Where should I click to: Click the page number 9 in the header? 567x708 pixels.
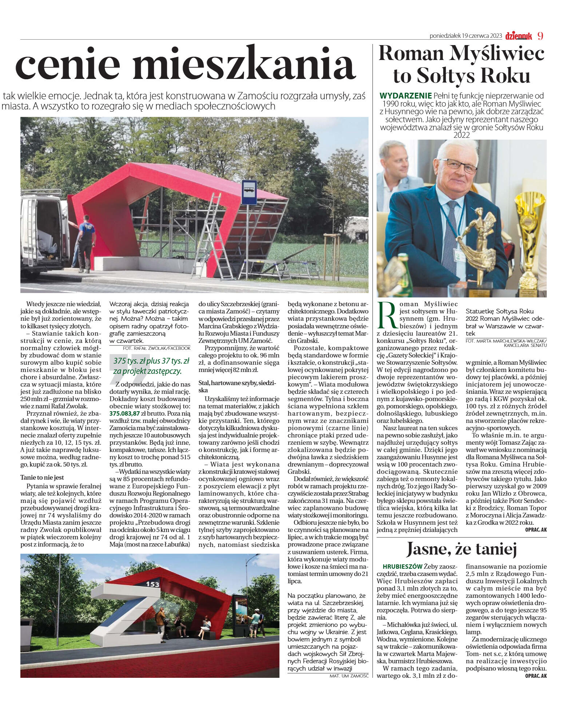540,36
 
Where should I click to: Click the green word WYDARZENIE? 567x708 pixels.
405,96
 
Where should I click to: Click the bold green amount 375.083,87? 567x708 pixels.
125,413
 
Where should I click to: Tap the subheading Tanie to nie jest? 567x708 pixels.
42,477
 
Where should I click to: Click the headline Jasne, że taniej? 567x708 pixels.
461,549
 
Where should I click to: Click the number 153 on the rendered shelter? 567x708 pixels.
151,584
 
